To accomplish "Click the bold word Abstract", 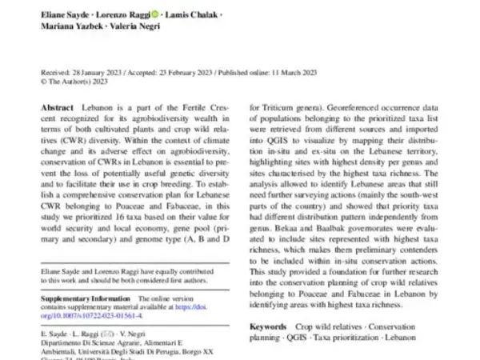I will (58, 107).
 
